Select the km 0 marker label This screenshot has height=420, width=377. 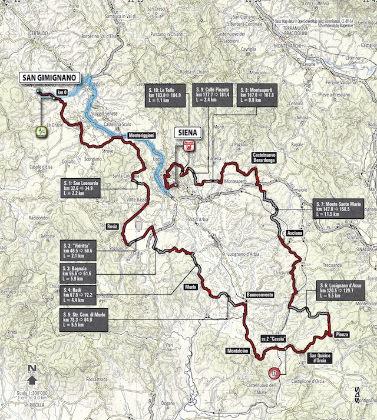pyautogui.click(x=62, y=93)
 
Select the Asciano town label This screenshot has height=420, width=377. pyautogui.click(x=295, y=234)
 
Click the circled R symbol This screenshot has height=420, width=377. pyautogui.click(x=273, y=372)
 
